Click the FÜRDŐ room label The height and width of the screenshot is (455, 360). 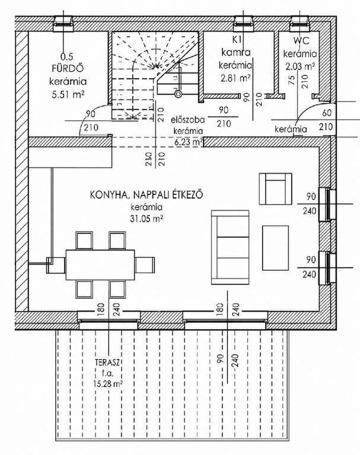(x=68, y=68)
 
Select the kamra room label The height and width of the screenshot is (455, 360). (x=236, y=52)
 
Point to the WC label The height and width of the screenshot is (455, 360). (x=301, y=40)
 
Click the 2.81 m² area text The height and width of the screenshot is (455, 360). (x=235, y=78)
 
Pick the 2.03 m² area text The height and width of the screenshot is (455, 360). (x=301, y=66)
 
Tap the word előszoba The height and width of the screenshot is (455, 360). (x=187, y=119)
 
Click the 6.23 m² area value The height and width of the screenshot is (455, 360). (x=189, y=142)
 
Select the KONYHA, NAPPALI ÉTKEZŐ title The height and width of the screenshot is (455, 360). (x=146, y=195)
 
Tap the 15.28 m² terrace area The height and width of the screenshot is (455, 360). (x=107, y=383)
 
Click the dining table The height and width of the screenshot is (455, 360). (x=100, y=265)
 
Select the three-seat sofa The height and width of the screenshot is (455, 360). (x=230, y=247)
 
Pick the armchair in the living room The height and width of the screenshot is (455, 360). (x=275, y=189)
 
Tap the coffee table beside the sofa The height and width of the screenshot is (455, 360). (x=275, y=248)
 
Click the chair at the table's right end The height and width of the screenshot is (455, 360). (x=145, y=265)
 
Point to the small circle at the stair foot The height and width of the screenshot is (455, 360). (x=178, y=94)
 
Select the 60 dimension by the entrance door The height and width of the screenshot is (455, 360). (x=327, y=113)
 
